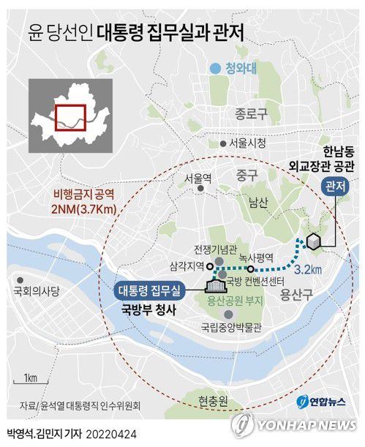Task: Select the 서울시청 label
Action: click(247, 143)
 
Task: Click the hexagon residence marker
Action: click(312, 241)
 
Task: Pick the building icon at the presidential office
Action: click(214, 285)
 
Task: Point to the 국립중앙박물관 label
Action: click(230, 328)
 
